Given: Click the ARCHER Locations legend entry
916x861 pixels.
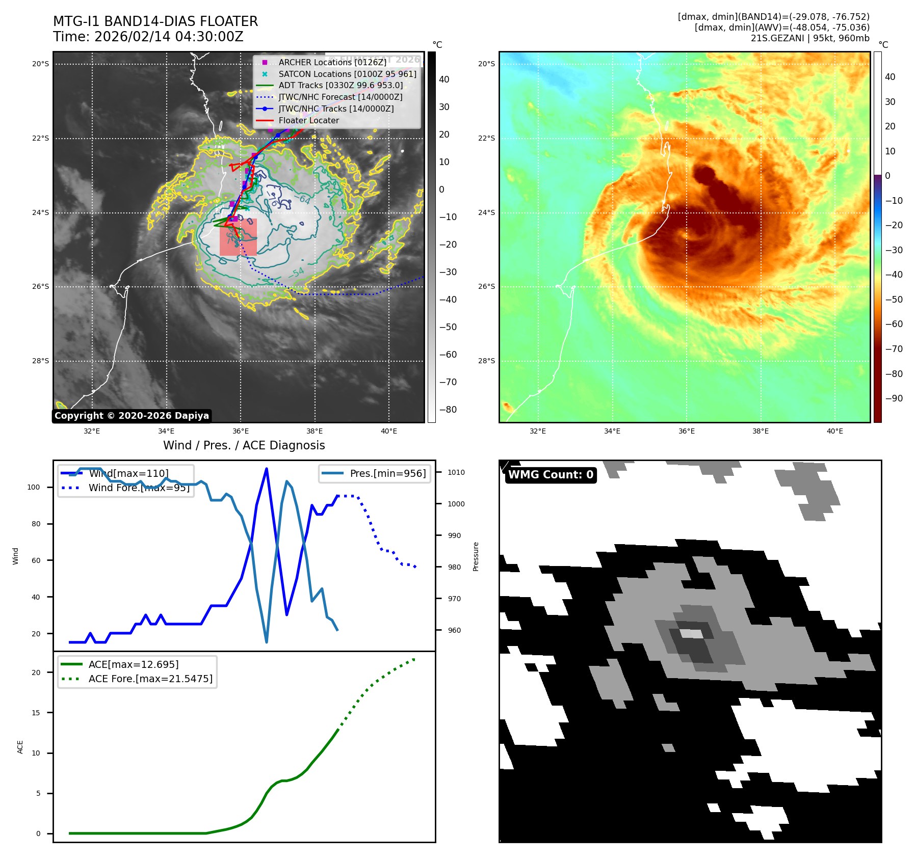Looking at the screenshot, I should tap(332, 62).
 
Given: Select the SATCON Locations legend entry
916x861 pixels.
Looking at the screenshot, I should tap(347, 74).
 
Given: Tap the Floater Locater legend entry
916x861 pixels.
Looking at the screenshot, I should tap(308, 120).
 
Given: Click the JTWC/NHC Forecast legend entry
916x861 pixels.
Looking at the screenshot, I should tap(340, 97).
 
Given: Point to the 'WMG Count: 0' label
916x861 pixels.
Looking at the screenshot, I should tap(551, 475).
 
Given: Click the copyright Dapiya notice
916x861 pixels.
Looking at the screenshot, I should tap(132, 416).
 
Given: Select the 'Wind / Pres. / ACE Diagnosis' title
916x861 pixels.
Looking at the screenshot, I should tap(244, 445).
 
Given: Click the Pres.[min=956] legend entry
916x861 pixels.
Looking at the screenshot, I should tap(387, 473).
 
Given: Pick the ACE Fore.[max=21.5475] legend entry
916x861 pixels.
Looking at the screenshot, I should tap(150, 679).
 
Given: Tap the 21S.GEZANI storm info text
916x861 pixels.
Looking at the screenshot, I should tap(810, 38).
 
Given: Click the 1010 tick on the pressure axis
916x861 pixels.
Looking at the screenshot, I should tap(456, 472).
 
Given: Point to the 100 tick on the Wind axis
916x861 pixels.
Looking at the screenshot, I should tap(34, 487).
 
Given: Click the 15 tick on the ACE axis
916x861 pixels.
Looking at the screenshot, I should tap(36, 713).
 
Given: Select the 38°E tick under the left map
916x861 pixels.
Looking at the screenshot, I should tap(315, 431).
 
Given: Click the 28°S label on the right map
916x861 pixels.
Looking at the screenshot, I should tap(486, 361).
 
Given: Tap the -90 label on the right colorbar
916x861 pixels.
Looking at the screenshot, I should tap(894, 398).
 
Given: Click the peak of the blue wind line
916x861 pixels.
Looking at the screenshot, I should tap(267, 469).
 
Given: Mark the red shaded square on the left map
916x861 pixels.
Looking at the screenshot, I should tap(238, 237).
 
